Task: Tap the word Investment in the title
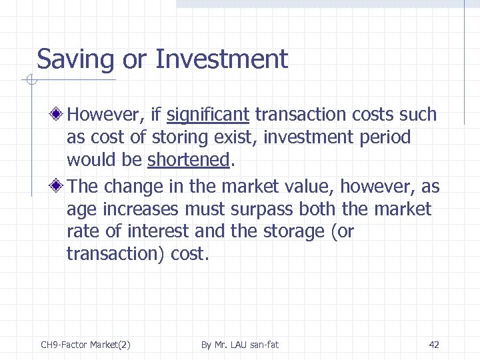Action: [221, 59]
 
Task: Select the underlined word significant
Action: [207, 115]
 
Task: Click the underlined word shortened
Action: [188, 161]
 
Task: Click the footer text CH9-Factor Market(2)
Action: [85, 345]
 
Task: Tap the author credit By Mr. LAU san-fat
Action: [240, 345]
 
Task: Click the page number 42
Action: [434, 345]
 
